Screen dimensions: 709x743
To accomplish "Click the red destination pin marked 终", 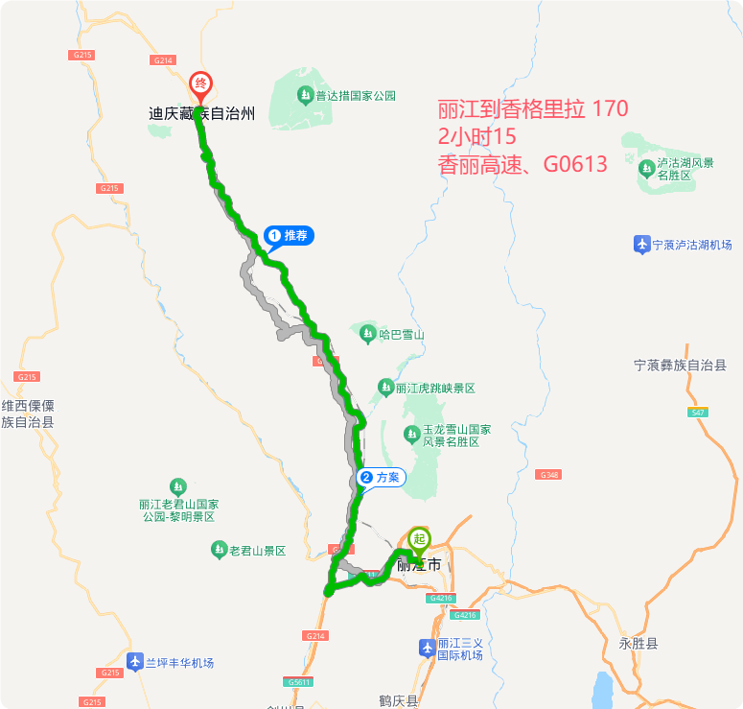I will point(201,85).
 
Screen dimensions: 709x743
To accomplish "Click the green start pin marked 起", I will point(419,540).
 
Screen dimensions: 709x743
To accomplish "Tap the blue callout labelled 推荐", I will point(289,235).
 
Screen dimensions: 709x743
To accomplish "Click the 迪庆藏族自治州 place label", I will point(201,113).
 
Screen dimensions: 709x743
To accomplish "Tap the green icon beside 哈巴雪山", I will point(368,334).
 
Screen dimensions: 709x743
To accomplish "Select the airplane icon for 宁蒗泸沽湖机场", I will point(641,245).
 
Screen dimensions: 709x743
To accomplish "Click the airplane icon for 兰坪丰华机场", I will point(135,662).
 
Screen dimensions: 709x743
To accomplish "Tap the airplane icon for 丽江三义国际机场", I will point(427,649).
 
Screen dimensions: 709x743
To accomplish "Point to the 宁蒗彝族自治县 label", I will point(680,366).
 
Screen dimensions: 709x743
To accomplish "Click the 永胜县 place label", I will point(639,644).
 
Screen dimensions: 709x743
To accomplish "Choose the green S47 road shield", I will point(698,412).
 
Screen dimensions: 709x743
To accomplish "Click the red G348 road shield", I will point(548,475).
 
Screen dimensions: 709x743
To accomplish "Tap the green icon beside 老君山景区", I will point(219,551).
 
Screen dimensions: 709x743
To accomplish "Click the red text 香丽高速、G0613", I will point(522,164).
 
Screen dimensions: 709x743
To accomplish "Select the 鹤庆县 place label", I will point(399,701).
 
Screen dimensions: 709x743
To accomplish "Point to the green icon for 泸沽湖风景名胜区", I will point(647,170).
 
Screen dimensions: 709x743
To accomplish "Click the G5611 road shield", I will point(298,681).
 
